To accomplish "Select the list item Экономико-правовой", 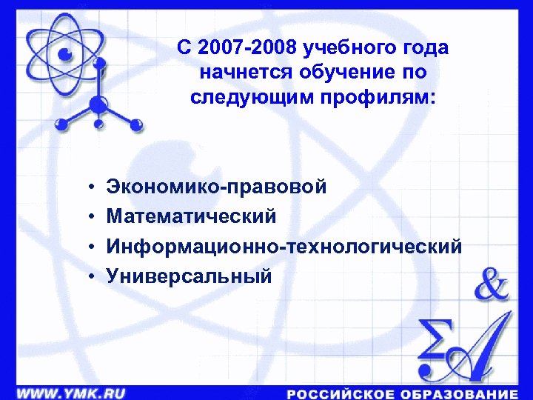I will tap(216, 187).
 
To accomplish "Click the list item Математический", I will tap(192, 216).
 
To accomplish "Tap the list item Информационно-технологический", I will tap(284, 246).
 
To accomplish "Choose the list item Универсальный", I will tap(190, 276).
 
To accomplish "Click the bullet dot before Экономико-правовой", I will tap(88, 187).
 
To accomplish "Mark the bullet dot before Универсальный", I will tap(88, 276).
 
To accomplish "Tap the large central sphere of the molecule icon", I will tap(99, 104).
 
